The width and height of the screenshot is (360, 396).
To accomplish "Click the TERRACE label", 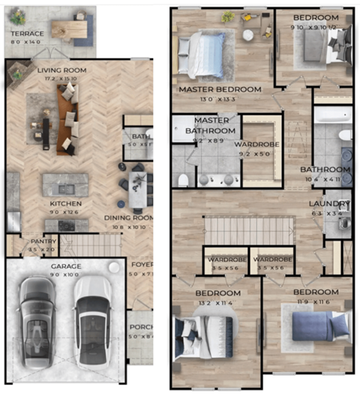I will [26, 34].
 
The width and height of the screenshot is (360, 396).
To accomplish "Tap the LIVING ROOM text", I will [63, 70].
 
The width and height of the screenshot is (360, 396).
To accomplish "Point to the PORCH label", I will [141, 327].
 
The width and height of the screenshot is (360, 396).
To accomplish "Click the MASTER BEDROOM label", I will [220, 89].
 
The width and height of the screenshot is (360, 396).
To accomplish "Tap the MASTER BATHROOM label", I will [211, 124].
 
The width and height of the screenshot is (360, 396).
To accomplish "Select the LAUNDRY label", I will [330, 204].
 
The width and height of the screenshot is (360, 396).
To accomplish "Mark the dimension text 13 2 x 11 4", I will [218, 302].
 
